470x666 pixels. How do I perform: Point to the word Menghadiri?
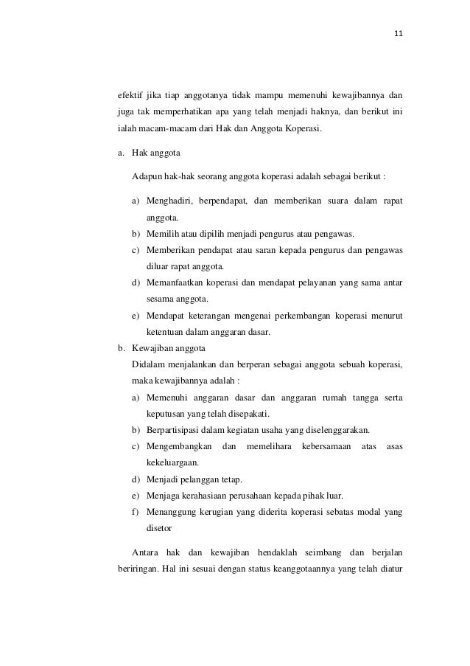[170, 201]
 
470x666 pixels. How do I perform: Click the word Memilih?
[161, 235]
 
